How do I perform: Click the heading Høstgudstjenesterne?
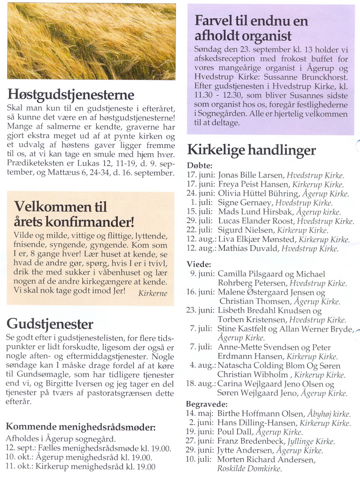(x=71, y=95)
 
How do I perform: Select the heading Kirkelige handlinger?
(x=252, y=150)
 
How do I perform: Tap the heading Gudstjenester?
(x=50, y=324)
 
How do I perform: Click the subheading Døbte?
(x=199, y=165)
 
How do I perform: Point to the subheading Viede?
(x=198, y=264)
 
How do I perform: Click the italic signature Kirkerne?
(x=153, y=293)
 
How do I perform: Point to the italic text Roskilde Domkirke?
(x=249, y=469)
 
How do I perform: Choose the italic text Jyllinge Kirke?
(x=317, y=442)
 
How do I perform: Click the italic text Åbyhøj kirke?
(x=329, y=414)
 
